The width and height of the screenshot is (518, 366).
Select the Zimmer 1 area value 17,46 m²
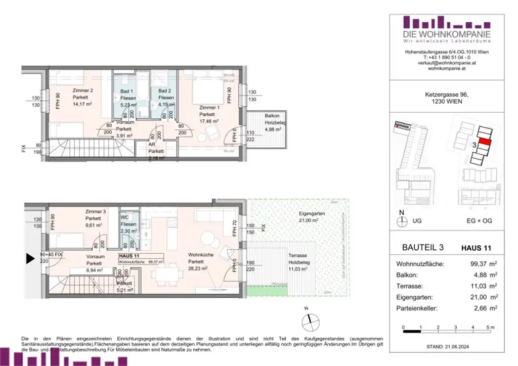click(x=209, y=121)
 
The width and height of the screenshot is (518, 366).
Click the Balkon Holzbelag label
click(x=272, y=116)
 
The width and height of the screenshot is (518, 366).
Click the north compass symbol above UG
click(x=402, y=220)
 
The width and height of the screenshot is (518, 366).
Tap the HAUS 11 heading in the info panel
click(x=476, y=248)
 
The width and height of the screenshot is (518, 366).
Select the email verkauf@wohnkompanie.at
click(x=447, y=63)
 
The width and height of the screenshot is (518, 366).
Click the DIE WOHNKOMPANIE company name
click(x=447, y=34)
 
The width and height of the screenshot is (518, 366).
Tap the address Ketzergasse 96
click(x=447, y=94)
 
